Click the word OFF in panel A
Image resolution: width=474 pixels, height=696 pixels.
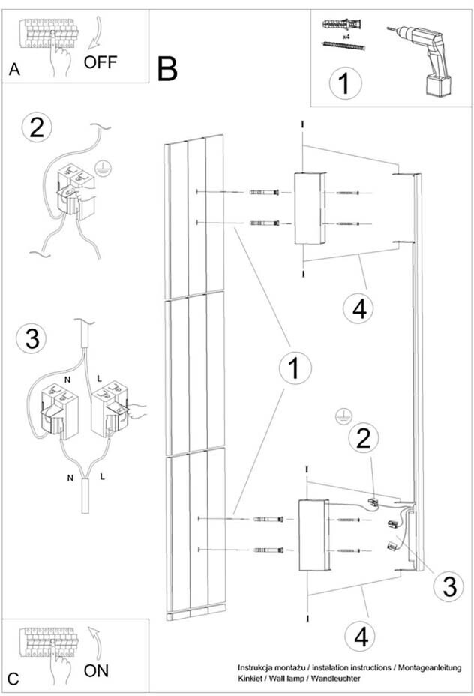101,61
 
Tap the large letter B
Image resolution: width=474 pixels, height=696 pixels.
168,70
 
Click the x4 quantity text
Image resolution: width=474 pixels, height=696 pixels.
346,34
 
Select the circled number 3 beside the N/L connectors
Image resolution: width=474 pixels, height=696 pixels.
32,338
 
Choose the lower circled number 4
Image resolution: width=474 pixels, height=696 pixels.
361,637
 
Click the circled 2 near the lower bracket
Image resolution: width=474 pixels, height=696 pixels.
363,439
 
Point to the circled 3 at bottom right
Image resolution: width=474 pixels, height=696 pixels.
448,586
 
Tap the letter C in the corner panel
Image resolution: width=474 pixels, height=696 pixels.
13,679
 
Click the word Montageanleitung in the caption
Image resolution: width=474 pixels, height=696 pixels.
424,667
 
